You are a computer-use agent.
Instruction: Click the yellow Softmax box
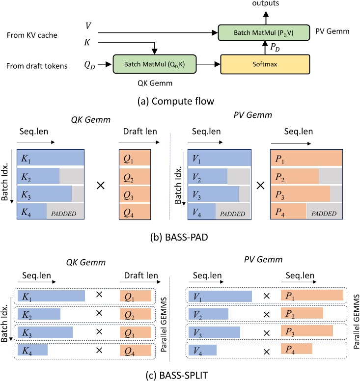point(266,63)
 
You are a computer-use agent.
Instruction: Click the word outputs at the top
point(266,3)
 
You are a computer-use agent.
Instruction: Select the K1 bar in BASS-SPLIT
point(51,296)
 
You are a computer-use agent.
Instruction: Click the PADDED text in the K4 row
point(65,214)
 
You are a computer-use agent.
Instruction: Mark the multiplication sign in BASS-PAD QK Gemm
point(101,187)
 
